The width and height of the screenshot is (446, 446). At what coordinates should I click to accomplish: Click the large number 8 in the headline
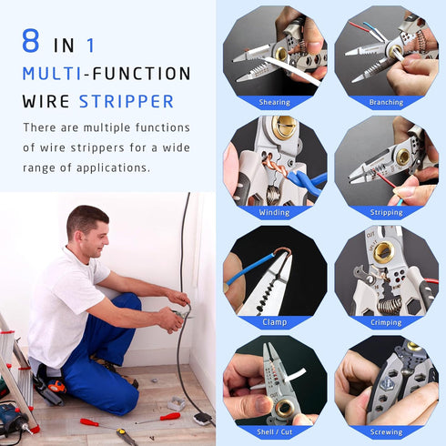pos(34,43)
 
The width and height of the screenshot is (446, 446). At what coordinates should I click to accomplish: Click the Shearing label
pos(275,103)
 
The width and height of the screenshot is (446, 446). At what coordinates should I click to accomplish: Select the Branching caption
pos(386,103)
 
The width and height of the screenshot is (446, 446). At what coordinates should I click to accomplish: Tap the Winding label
pos(275,213)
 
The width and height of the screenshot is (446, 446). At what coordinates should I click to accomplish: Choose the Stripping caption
pos(386,213)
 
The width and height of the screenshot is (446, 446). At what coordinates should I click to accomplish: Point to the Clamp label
pos(275,322)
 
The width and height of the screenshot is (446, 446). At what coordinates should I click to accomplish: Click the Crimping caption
pos(386,322)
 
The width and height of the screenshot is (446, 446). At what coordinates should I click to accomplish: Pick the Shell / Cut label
pos(275,431)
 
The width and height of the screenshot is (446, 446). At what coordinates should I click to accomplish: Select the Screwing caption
pos(386,431)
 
